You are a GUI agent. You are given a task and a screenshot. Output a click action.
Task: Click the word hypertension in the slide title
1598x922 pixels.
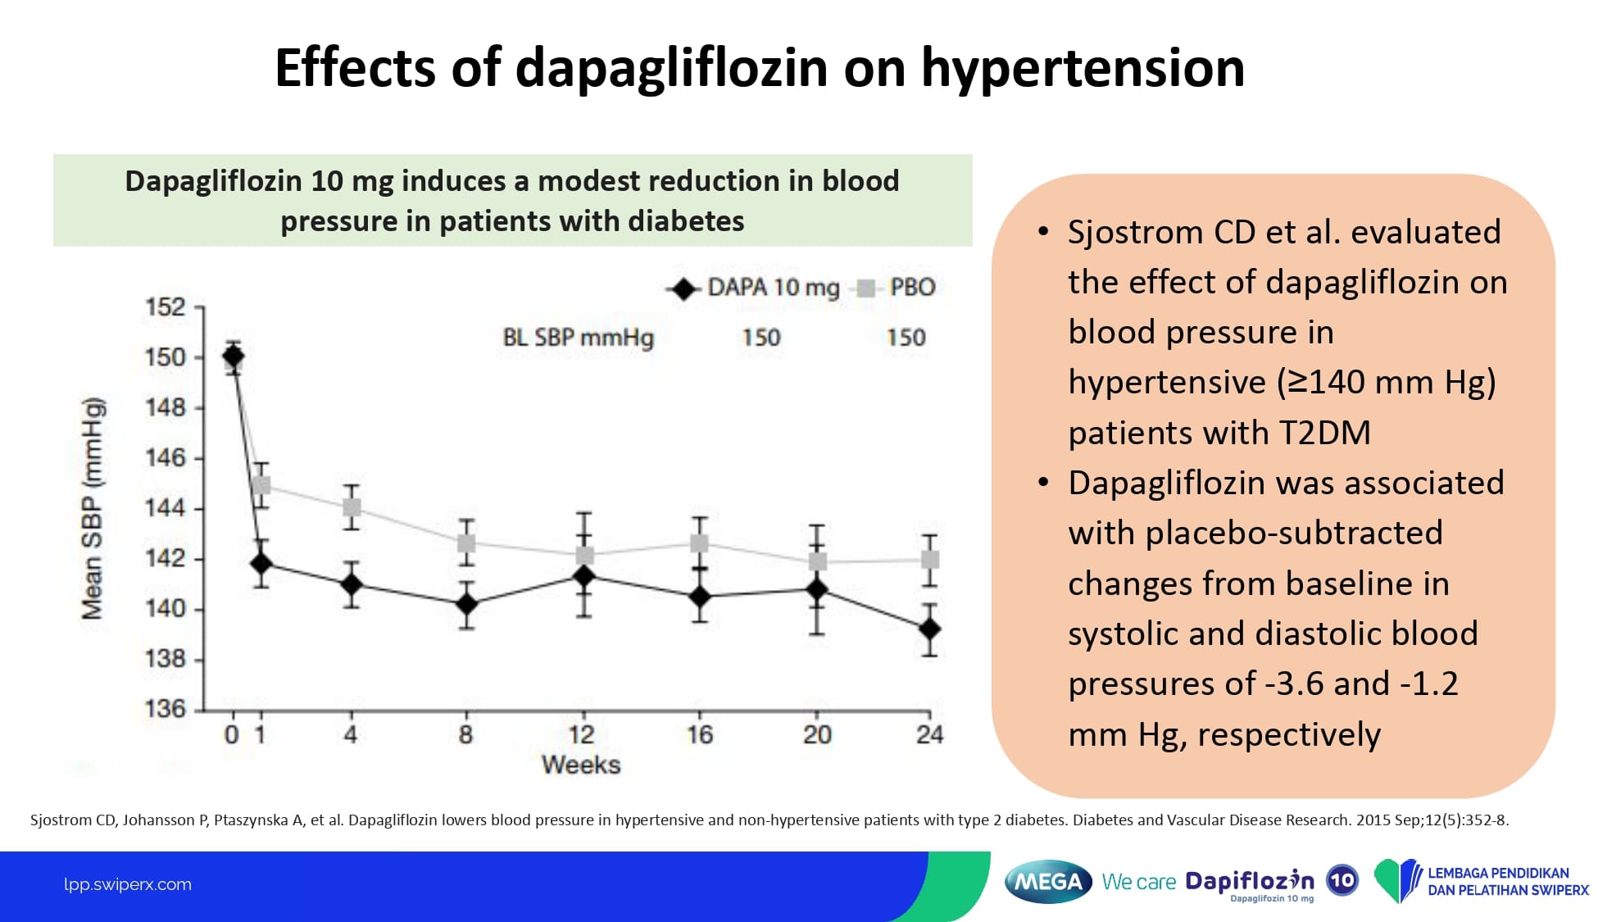pos(1083,68)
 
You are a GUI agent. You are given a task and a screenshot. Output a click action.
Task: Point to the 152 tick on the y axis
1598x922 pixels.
pos(166,307)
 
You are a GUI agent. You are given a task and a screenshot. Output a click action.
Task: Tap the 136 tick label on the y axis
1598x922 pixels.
pos(166,708)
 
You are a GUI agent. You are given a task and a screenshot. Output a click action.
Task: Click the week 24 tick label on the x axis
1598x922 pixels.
pos(929,734)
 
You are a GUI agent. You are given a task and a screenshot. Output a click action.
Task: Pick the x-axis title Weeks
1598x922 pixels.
pos(581,765)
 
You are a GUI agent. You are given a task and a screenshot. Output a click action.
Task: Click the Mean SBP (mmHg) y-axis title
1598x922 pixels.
pos(93,508)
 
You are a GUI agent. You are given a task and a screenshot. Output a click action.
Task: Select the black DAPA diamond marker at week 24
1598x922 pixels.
pos(929,629)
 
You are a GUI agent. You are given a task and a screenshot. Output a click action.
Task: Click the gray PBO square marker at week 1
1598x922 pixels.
pos(261,485)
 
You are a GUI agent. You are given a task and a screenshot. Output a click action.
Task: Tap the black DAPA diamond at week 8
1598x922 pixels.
pos(466,604)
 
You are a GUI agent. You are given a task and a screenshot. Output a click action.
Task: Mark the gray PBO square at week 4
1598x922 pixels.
pos(352,507)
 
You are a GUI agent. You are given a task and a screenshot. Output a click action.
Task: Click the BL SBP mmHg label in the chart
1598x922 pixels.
pos(578,338)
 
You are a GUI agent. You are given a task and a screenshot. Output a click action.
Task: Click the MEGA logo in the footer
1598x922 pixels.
pos(1048,882)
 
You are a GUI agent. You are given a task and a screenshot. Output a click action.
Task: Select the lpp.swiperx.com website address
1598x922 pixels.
pos(128,884)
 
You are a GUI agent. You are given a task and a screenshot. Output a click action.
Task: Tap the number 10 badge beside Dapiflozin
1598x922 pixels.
pos(1342,880)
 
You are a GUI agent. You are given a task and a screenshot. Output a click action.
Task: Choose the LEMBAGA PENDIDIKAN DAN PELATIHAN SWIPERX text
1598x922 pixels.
pos(1507,882)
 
